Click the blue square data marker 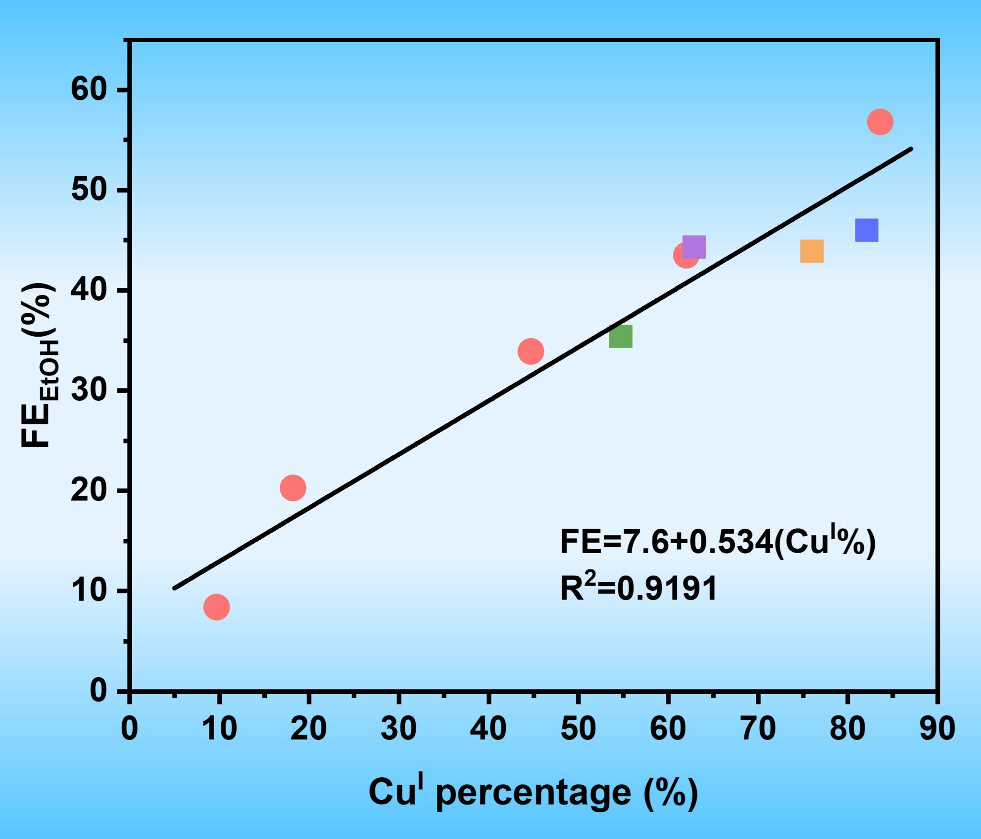click(x=866, y=230)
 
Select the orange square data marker click(x=811, y=251)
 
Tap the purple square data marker click(x=694, y=247)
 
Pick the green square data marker click(x=620, y=336)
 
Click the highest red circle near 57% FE click(x=880, y=122)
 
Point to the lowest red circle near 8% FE click(x=217, y=607)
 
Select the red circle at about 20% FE click(x=293, y=488)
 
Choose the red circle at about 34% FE click(x=531, y=351)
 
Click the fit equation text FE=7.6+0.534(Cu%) click(x=718, y=543)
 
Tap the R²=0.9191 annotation click(x=639, y=588)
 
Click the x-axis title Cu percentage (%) click(x=533, y=792)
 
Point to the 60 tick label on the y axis click(x=88, y=89)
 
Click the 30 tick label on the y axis click(x=88, y=391)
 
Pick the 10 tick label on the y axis click(x=88, y=591)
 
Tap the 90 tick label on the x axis click(x=937, y=729)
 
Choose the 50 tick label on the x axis click(x=578, y=729)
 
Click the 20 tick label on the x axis click(x=308, y=729)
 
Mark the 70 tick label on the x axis click(x=758, y=729)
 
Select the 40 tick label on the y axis click(x=88, y=290)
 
